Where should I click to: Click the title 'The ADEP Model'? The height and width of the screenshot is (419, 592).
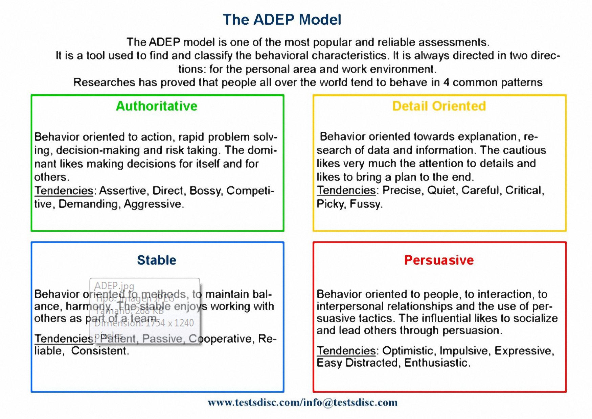(282, 20)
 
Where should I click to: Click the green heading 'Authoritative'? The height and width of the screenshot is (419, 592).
(156, 106)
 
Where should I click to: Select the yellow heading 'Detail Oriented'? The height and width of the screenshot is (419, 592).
(439, 106)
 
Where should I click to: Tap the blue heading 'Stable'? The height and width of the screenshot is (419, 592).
(156, 260)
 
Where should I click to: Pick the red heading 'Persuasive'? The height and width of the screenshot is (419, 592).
(439, 260)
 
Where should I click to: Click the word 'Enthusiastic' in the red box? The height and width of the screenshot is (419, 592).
(436, 363)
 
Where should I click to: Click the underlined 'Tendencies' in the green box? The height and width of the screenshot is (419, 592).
(64, 191)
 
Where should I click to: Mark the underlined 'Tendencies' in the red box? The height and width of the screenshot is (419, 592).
(346, 351)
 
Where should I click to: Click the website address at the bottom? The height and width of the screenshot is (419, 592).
(302, 402)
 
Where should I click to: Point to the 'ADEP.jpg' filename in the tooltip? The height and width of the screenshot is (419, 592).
(114, 286)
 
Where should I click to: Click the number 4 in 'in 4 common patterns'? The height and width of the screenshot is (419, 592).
(446, 82)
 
